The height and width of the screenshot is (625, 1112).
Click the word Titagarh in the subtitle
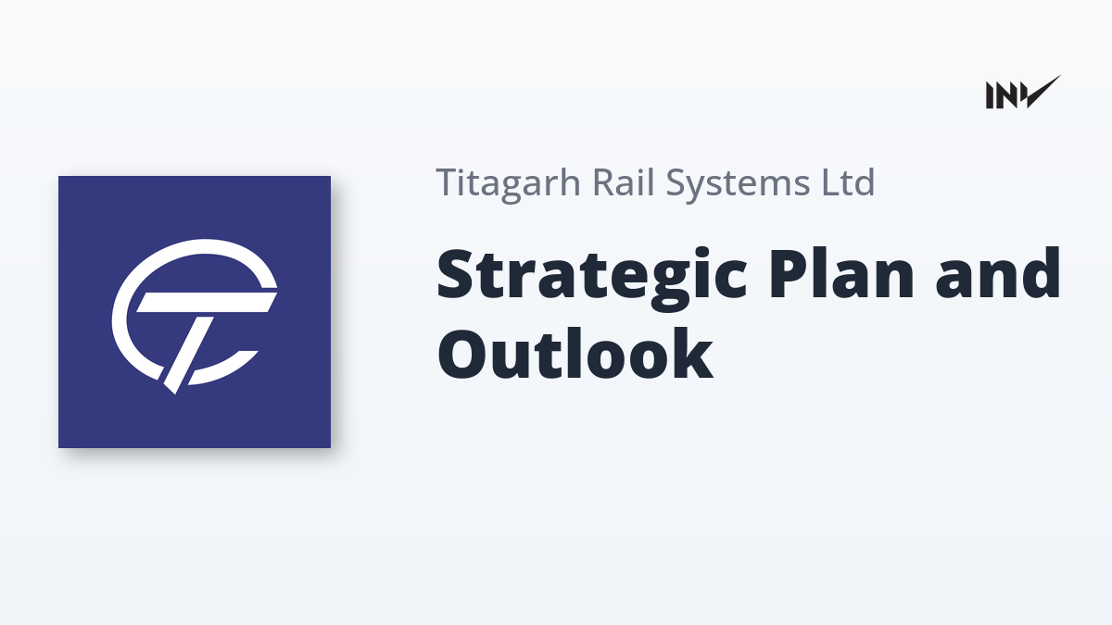click(509, 184)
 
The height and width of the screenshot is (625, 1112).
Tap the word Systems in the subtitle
click(738, 184)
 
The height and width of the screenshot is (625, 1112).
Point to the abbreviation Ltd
click(848, 182)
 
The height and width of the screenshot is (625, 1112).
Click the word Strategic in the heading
click(592, 278)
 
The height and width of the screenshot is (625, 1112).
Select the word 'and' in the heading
click(998, 273)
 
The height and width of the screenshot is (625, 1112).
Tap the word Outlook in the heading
click(575, 354)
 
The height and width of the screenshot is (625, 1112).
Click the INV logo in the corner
click(1023, 93)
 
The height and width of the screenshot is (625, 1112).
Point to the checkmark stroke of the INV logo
click(1042, 93)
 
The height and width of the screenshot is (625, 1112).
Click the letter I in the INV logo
click(990, 95)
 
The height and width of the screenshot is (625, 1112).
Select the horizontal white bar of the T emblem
click(207, 302)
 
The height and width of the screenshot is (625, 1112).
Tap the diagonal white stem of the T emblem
click(190, 353)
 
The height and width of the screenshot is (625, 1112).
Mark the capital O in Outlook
click(463, 354)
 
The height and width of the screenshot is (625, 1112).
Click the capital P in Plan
click(790, 274)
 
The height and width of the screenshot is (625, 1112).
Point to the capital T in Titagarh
click(449, 182)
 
